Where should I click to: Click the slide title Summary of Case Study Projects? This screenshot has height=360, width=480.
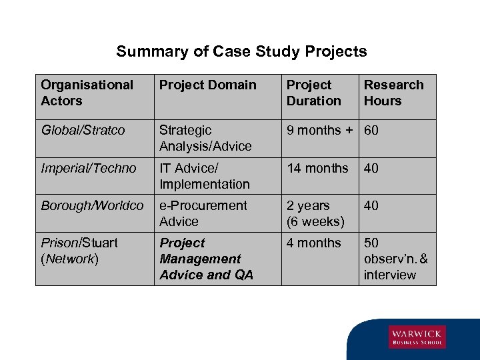[x=241, y=51]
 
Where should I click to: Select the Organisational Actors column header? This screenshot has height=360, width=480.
[x=87, y=93]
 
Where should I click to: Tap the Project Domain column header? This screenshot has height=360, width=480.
[x=207, y=85]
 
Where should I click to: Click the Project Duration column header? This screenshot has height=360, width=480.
[x=313, y=93]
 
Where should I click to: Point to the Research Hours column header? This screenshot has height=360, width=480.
[x=393, y=93]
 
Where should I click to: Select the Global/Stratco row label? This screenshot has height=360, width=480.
[x=83, y=131]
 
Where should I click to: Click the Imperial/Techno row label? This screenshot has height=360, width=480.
[x=88, y=169]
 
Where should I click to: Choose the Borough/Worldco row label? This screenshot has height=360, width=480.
[x=92, y=206]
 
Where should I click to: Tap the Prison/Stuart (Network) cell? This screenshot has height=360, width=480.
[x=79, y=251]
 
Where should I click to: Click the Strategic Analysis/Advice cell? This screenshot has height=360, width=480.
[x=205, y=138]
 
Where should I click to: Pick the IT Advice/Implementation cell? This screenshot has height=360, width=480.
[x=204, y=176]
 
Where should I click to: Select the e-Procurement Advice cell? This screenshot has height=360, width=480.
[x=203, y=213]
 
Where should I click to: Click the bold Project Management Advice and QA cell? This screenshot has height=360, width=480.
[x=206, y=259]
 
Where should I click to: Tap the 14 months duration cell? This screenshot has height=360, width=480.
[x=317, y=169]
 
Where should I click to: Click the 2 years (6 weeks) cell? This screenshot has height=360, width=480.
[x=315, y=213]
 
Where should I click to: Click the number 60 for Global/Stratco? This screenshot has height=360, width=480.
[x=371, y=131]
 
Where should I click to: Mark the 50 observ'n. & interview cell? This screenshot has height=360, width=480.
[x=396, y=259]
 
